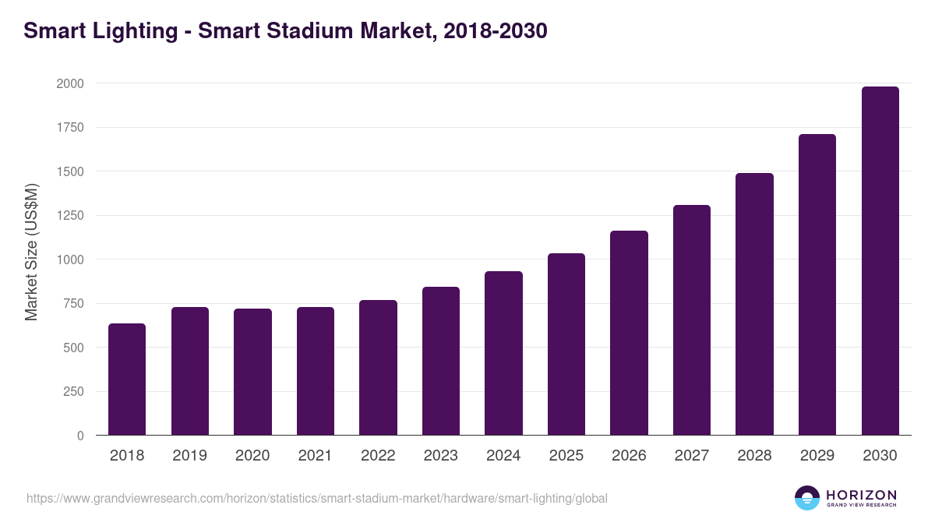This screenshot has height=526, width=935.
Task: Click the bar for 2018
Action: [127, 379]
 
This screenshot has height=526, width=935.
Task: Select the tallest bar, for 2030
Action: [880, 261]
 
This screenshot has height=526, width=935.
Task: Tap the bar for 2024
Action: [503, 353]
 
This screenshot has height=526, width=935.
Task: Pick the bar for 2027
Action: [692, 320]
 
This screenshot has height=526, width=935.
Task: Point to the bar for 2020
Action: [252, 372]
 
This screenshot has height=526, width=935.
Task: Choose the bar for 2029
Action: [817, 284]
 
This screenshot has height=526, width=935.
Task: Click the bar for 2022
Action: [378, 368]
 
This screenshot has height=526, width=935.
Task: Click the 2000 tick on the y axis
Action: [70, 83]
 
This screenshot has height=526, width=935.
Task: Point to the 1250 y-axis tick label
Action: [70, 216]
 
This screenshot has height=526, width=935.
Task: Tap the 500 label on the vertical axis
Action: [74, 348]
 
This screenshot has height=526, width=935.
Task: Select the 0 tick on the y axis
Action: [80, 436]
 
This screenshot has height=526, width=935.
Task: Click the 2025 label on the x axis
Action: [566, 456]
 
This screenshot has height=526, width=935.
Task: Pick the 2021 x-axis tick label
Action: [315, 456]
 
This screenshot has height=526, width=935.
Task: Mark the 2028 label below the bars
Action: [754, 456]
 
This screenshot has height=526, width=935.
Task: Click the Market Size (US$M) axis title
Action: [31, 252]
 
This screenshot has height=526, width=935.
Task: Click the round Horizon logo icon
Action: [807, 498]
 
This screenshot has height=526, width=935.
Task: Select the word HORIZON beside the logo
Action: [861, 495]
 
